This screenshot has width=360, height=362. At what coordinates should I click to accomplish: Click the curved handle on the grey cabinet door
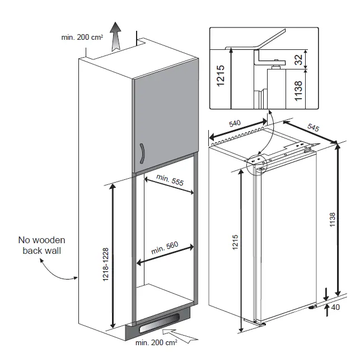143,154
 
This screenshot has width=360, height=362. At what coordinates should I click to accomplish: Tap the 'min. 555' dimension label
170,180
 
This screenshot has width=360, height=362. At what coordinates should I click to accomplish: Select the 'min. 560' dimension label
165,248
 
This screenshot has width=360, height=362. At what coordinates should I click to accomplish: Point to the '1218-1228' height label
105,264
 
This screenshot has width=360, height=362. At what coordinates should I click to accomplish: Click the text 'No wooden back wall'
42,245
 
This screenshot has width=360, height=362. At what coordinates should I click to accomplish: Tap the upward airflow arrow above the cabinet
116,36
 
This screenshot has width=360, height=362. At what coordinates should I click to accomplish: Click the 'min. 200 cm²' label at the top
82,37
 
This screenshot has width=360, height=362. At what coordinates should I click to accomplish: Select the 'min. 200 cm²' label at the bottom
156,342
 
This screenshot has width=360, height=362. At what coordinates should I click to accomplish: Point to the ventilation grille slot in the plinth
160,322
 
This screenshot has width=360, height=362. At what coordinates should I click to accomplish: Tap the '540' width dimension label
235,123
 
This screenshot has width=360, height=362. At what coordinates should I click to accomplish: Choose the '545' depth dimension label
313,127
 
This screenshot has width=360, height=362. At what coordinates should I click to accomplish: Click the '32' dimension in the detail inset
298,59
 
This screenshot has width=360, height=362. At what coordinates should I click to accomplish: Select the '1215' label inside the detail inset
221,76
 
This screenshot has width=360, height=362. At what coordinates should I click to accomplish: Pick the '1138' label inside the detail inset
298,91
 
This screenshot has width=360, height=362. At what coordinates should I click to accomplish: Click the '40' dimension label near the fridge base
335,307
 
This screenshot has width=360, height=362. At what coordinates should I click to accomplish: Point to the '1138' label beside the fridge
333,220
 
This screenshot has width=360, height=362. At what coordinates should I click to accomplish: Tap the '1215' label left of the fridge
235,242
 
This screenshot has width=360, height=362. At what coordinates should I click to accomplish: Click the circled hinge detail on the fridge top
256,164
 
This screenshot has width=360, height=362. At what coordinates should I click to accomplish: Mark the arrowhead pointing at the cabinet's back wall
76,278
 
